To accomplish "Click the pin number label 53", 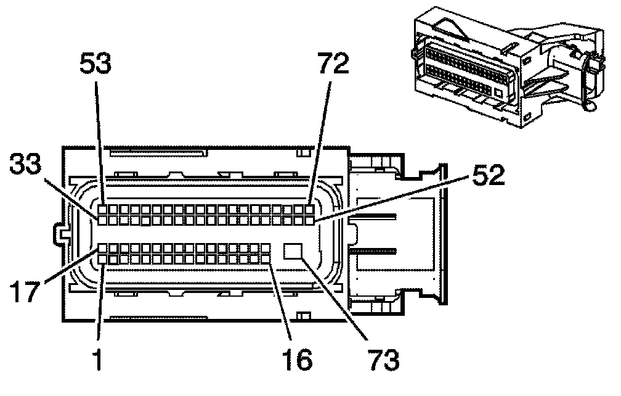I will (97, 64).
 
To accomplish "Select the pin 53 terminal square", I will (102, 209).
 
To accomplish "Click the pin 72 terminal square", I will (309, 209).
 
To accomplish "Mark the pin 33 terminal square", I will (102, 219).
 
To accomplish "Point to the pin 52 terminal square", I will (309, 219).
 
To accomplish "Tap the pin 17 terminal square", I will (102, 249).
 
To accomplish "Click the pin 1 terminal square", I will (102, 260).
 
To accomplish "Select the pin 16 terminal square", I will (266, 260).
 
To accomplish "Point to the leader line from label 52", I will (394, 197).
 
